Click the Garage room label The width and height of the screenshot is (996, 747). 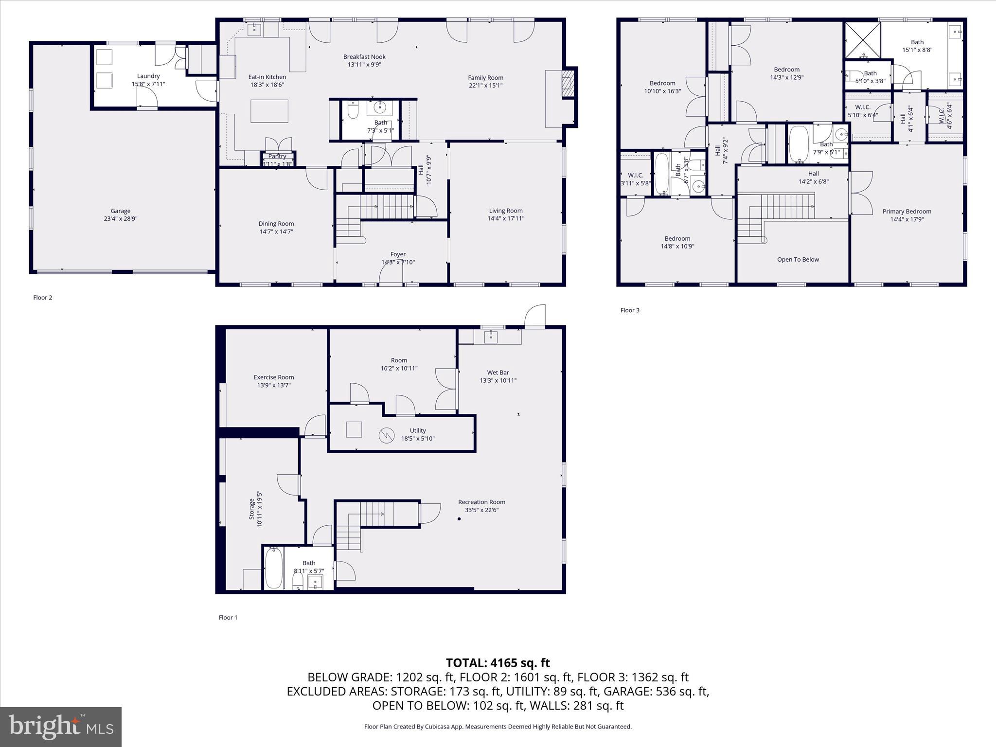[x=120, y=211]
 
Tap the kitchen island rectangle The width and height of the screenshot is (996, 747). [x=269, y=111]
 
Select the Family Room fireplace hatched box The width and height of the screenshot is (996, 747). [x=568, y=84]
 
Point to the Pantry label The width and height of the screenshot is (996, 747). [x=277, y=156]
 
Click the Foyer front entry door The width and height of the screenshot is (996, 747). [x=391, y=275]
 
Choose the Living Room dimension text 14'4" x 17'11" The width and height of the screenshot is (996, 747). [x=506, y=218]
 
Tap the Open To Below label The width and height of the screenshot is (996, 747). [x=798, y=260]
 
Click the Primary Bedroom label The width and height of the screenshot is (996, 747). [x=907, y=212]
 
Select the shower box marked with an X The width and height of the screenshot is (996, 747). [x=862, y=40]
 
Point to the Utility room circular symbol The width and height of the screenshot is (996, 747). [x=386, y=435]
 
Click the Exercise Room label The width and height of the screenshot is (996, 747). [x=274, y=377]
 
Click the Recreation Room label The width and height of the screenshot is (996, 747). [x=481, y=502]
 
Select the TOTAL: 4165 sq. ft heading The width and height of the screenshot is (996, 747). [x=498, y=663]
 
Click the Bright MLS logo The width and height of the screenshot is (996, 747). [x=61, y=727]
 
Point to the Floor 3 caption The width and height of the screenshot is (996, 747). [x=630, y=310]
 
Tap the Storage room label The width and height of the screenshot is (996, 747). [x=252, y=509]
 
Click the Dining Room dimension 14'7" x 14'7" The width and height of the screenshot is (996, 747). [x=276, y=231]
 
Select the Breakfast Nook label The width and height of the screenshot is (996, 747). [x=364, y=57]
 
